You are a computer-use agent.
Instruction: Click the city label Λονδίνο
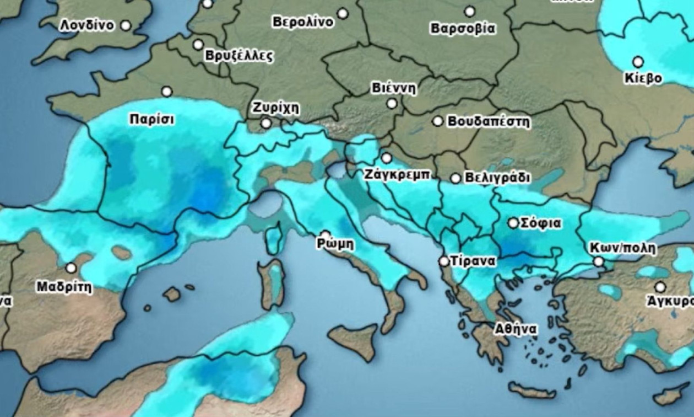tap(87, 25)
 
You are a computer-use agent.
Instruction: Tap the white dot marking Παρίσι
tap(166, 92)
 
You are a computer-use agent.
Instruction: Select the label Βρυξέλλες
tap(238, 56)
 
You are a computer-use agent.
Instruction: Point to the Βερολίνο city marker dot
tap(343, 13)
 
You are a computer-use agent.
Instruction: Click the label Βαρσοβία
tap(463, 28)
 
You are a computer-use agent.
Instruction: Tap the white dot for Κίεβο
tap(638, 62)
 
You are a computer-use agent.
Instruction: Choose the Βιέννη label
tap(393, 88)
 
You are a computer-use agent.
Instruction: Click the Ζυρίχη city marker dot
tap(266, 123)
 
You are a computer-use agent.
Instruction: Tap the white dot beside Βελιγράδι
tap(456, 178)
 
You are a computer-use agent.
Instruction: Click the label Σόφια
tap(541, 223)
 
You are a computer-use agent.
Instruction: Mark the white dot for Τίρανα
tap(444, 261)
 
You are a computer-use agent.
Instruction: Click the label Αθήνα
tap(516, 329)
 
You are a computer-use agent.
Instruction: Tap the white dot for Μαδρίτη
tap(71, 268)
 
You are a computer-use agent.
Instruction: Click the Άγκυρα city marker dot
tap(660, 287)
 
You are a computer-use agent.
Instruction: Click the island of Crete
tap(532, 390)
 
